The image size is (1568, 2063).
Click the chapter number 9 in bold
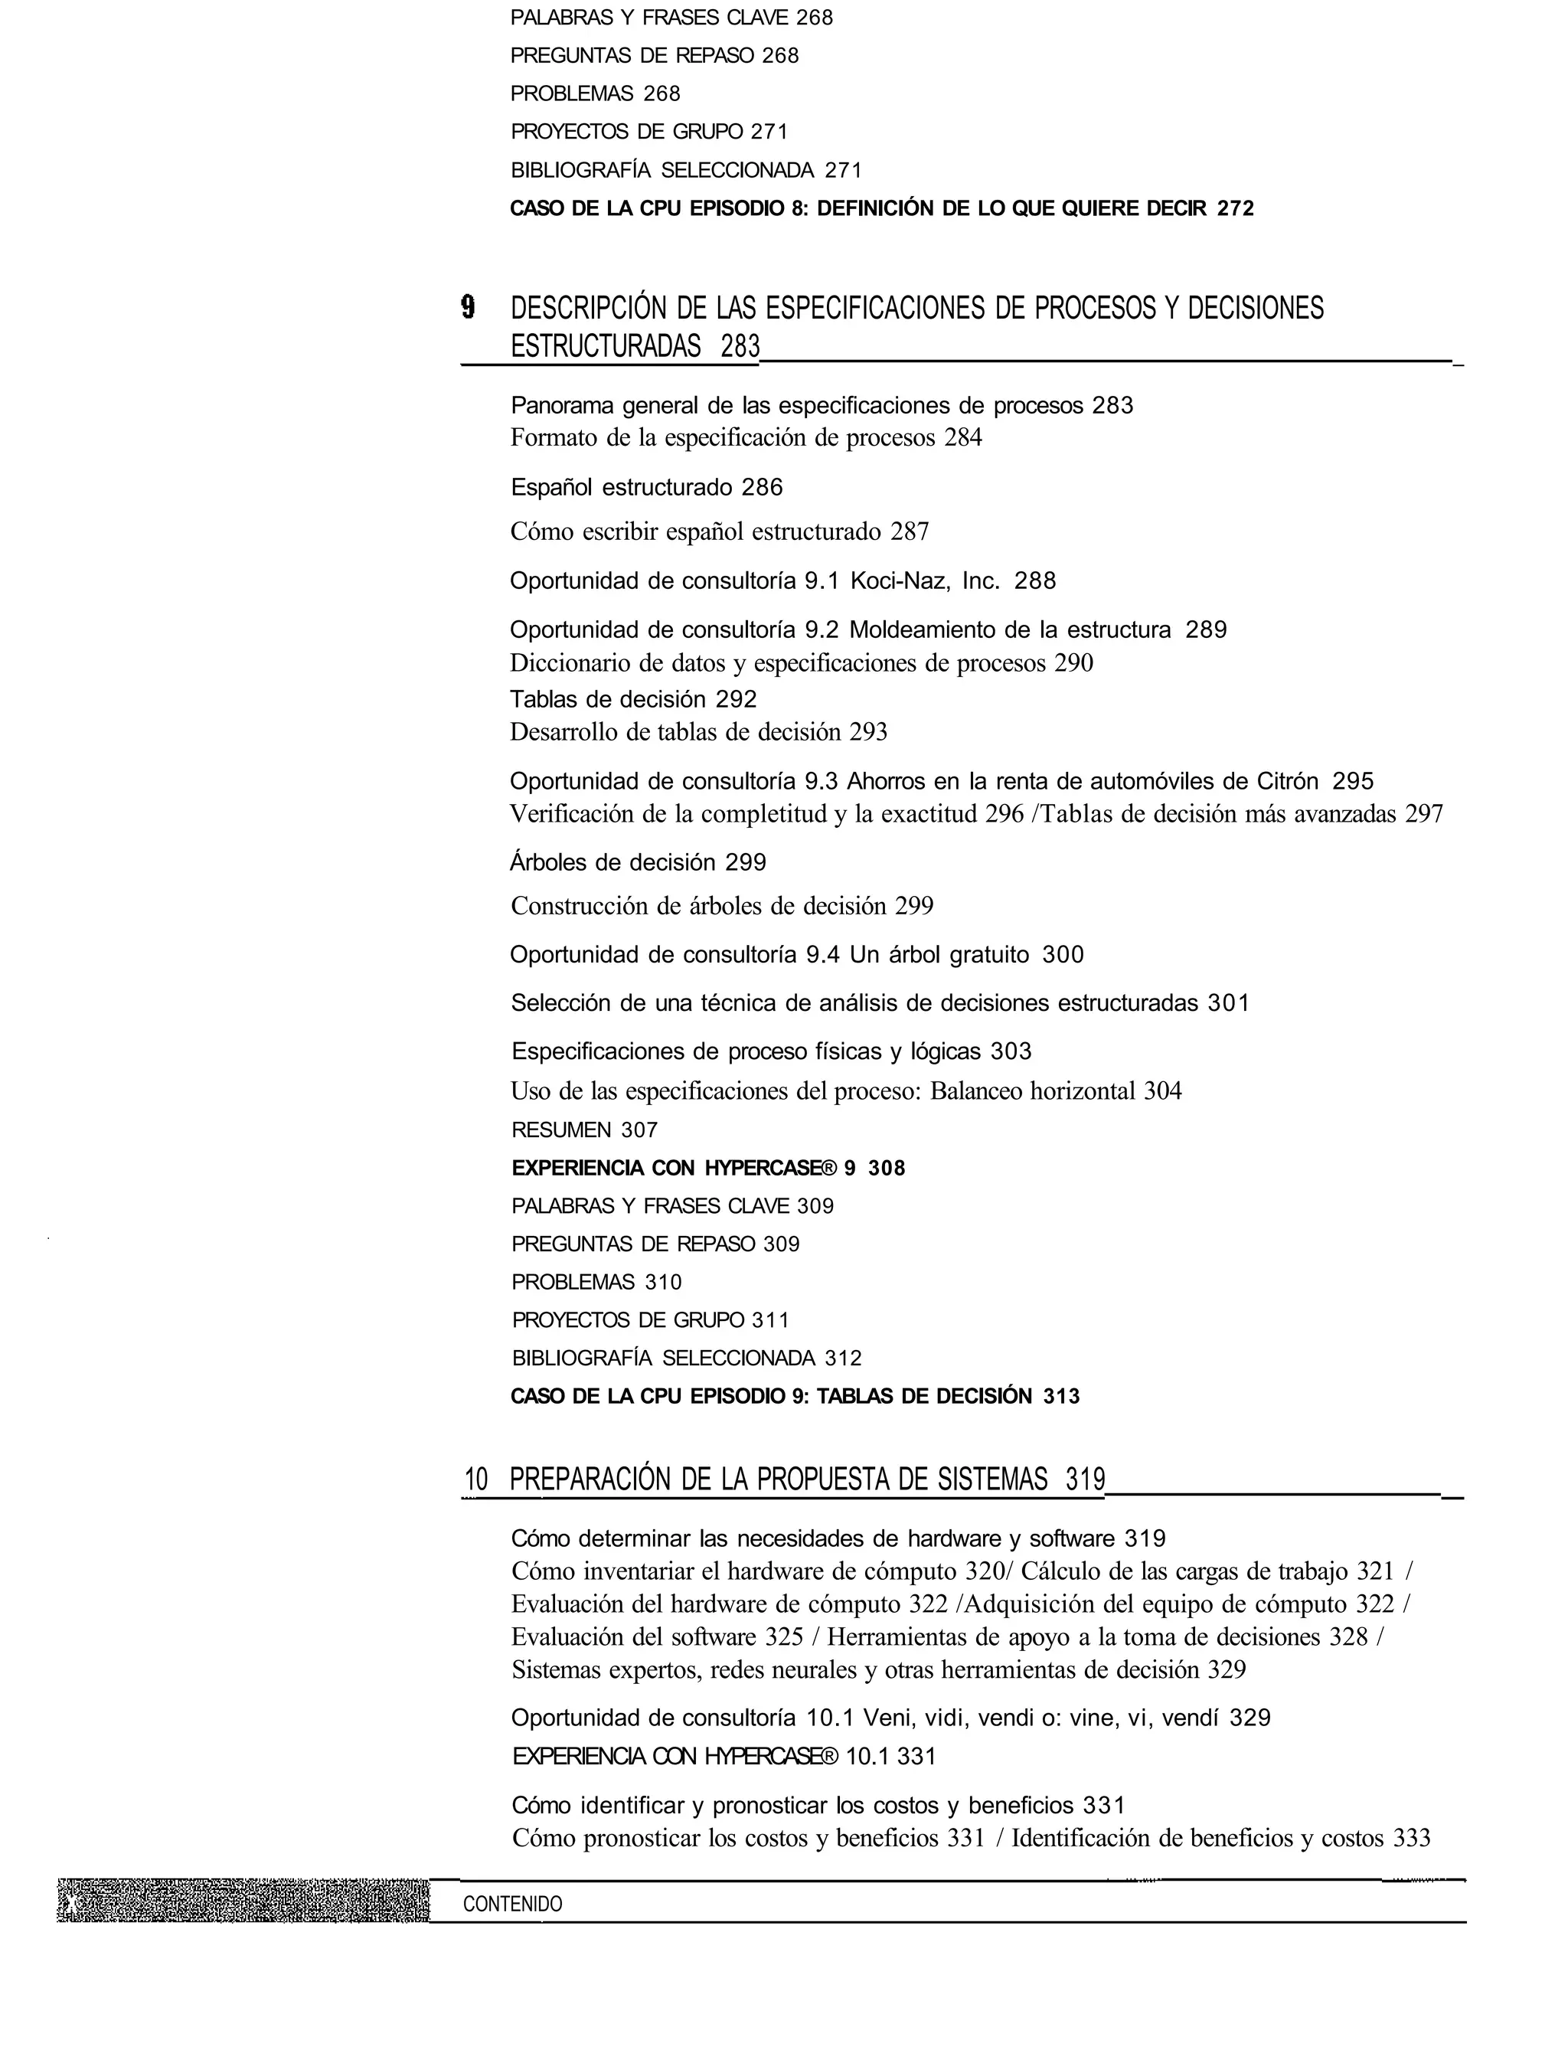[469, 307]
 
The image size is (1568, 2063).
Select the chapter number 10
[476, 1479]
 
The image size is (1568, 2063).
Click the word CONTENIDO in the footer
[512, 1904]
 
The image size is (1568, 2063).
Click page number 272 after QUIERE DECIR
[1236, 208]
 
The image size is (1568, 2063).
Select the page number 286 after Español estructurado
[762, 487]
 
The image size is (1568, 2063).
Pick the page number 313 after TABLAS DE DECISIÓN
[1061, 1397]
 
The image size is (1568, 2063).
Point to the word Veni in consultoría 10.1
[886, 1718]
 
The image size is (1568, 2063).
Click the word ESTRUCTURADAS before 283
[606, 346]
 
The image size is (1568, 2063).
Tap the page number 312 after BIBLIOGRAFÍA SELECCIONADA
[843, 1358]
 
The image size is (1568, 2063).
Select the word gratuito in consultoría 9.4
[989, 954]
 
